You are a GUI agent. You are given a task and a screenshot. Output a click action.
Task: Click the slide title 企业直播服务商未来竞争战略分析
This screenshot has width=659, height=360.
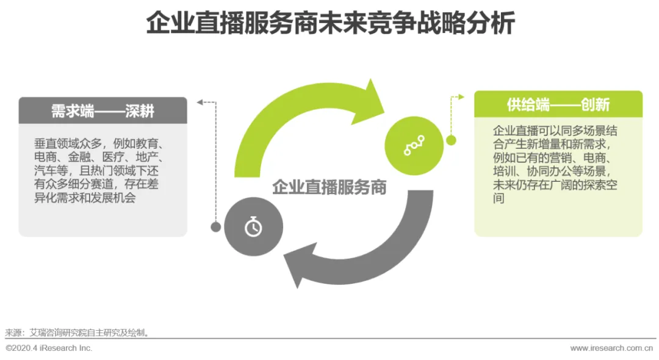(x=329, y=24)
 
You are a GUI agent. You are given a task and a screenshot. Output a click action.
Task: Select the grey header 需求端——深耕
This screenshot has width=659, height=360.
(x=103, y=110)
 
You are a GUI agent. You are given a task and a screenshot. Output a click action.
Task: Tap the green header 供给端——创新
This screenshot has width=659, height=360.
(x=558, y=104)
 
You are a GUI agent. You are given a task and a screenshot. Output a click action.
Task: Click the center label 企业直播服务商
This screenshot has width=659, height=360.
(x=329, y=187)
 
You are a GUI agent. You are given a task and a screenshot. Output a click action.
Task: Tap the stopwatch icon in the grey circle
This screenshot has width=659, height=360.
(x=253, y=227)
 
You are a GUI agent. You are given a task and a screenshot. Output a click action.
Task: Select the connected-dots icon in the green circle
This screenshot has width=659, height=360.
(x=414, y=145)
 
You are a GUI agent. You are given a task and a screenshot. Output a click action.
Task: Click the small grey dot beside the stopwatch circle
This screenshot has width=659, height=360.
(x=215, y=227)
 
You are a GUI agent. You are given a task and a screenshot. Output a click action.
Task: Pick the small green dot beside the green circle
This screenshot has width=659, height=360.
(x=452, y=140)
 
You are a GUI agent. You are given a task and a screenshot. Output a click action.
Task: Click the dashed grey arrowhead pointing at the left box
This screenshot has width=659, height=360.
(x=199, y=102)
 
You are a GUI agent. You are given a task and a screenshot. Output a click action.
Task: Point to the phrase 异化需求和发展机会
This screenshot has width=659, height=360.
(x=85, y=199)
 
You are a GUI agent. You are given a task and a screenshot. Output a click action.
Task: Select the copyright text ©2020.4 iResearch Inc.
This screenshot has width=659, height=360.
(x=49, y=348)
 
